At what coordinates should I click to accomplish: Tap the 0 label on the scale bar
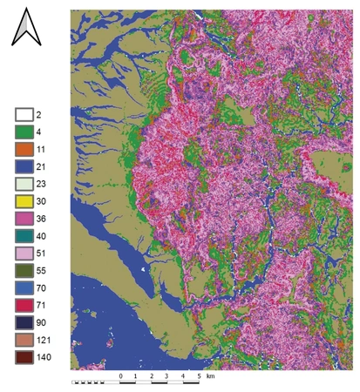[120, 375]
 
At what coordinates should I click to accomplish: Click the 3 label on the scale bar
[167, 375]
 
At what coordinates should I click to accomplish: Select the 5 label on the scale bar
[199, 375]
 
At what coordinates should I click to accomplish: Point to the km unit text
[210, 375]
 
